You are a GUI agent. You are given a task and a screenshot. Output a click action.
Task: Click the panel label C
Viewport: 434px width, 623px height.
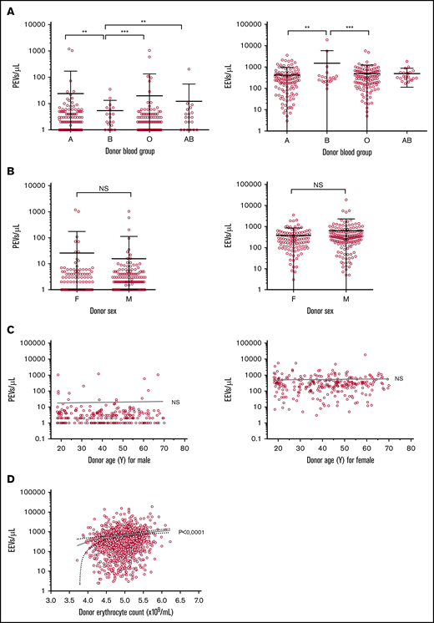[10, 327]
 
